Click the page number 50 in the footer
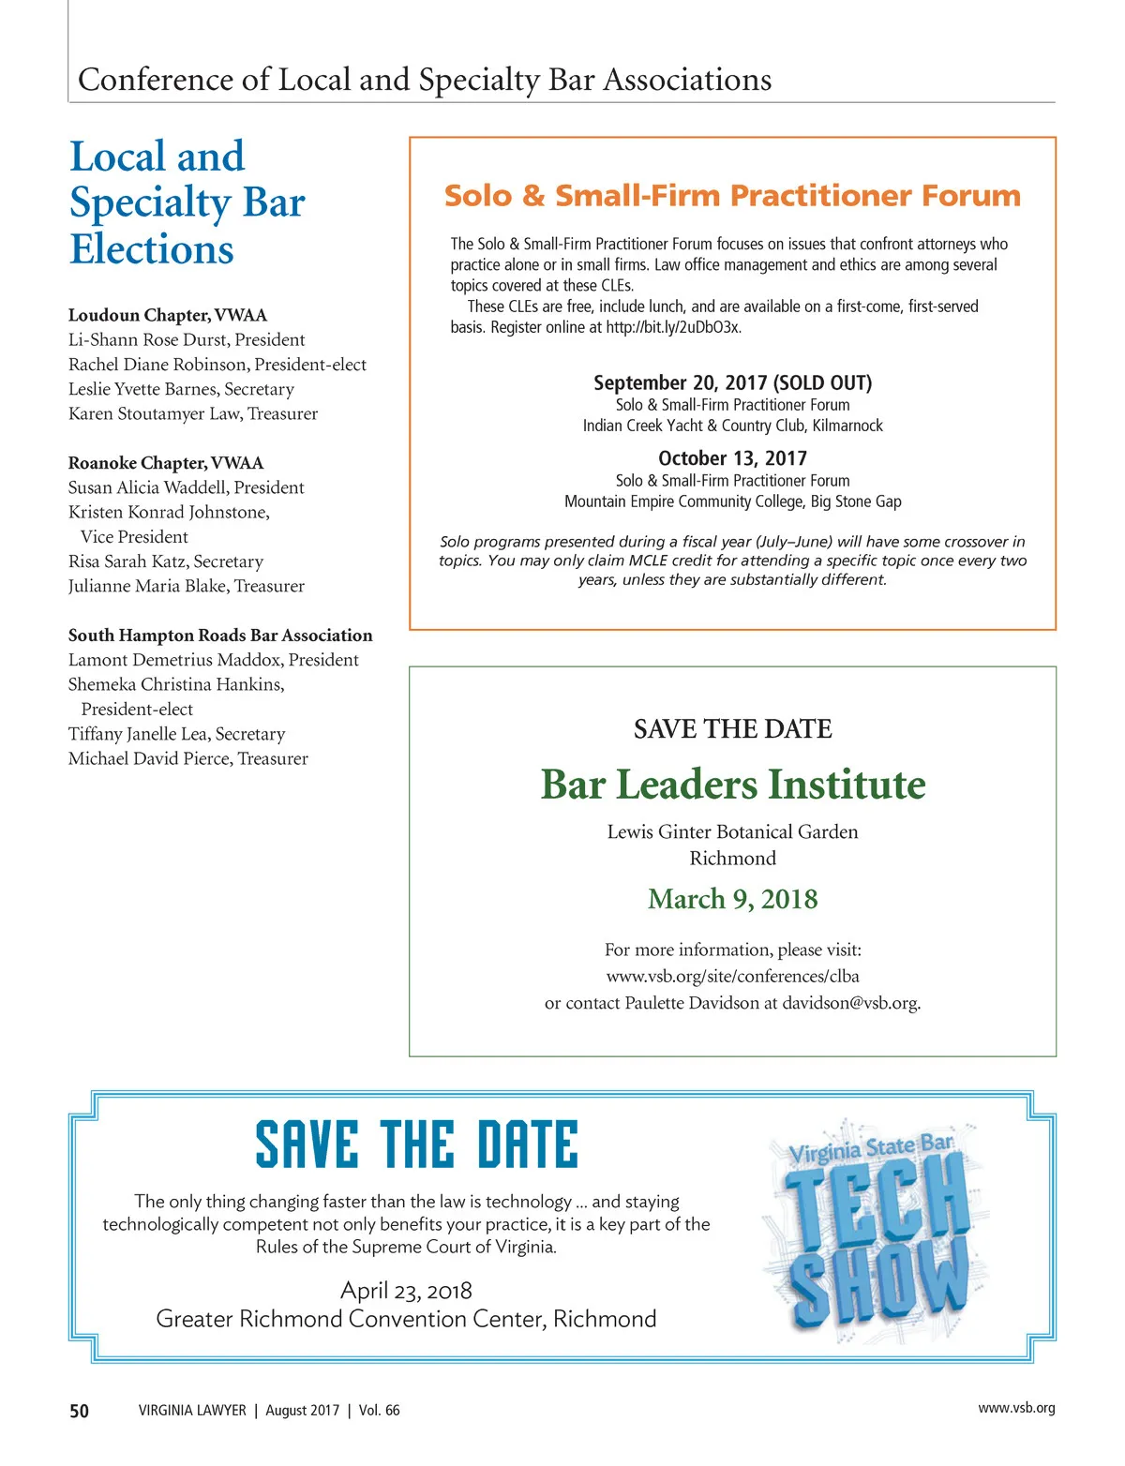point(80,1411)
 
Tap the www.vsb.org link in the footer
point(1016,1408)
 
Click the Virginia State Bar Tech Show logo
point(874,1228)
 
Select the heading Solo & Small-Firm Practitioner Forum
point(732,196)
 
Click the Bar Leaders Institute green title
point(733,785)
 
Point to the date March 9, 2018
point(733,899)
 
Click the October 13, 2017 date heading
point(732,458)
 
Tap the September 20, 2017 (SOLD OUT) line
point(732,382)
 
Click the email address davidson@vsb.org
point(850,1003)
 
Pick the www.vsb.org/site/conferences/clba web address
point(733,976)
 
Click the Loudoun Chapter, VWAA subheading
point(168,315)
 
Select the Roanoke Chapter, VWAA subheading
point(166,463)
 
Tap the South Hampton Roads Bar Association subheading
point(220,636)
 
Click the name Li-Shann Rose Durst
point(147,339)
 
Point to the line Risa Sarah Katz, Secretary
point(166,561)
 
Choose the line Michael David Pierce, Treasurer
point(187,758)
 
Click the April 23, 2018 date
point(406,1291)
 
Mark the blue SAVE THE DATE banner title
point(417,1144)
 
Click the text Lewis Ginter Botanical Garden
point(732,832)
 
